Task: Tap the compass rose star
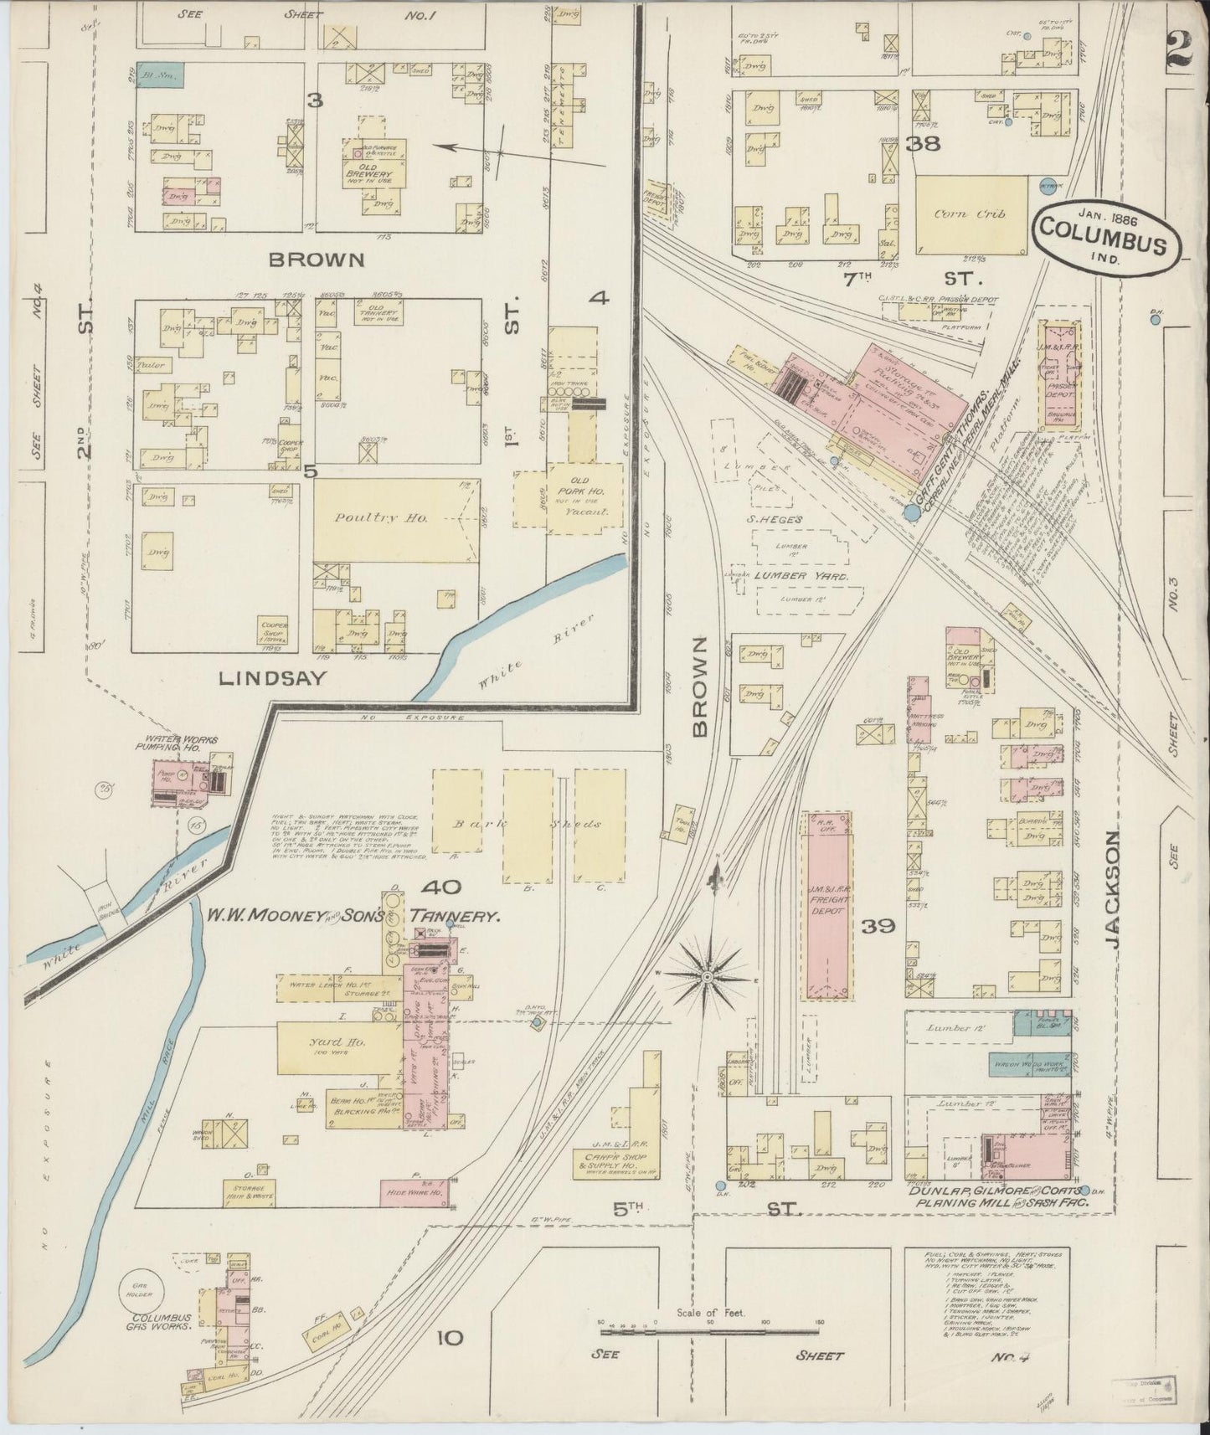(708, 977)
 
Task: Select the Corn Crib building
(971, 214)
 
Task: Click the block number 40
(437, 887)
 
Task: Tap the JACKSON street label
(1112, 888)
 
